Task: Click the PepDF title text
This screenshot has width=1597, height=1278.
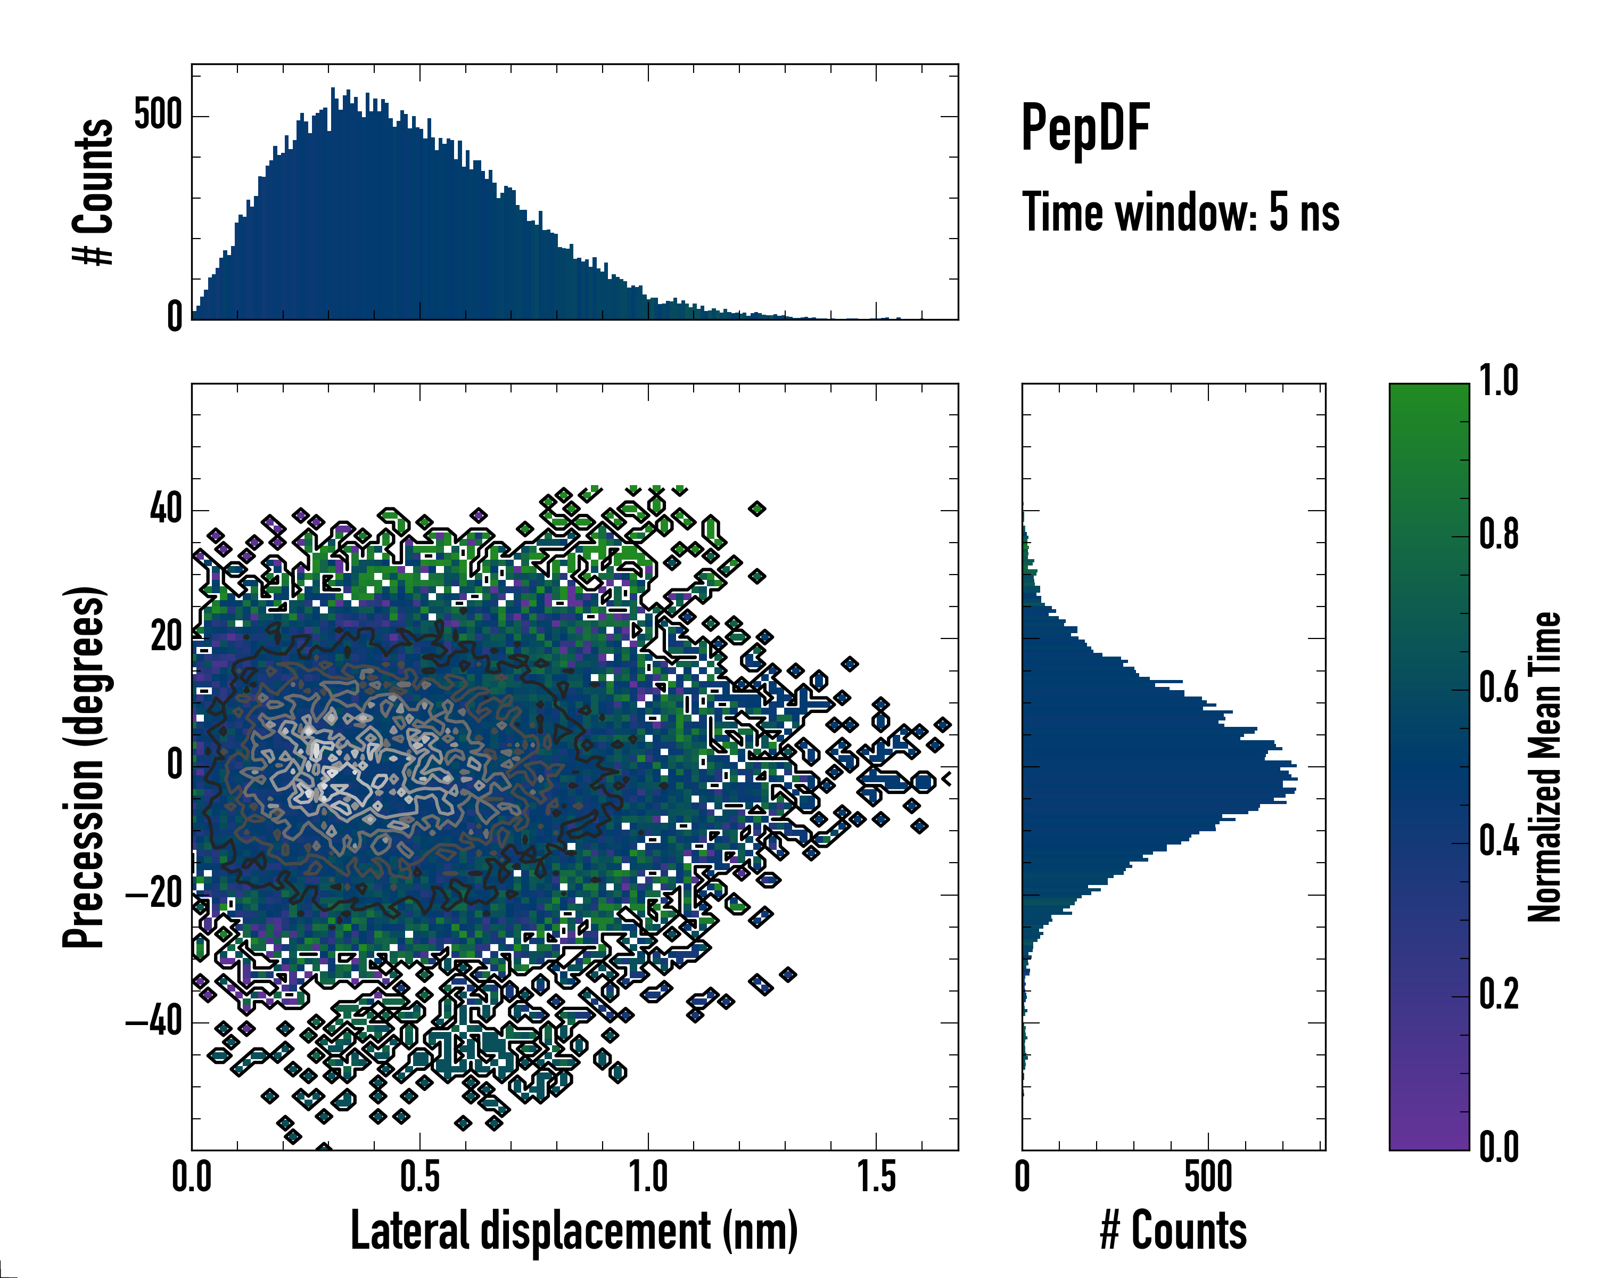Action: click(1084, 128)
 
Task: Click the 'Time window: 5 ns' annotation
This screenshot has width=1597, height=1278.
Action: click(1180, 212)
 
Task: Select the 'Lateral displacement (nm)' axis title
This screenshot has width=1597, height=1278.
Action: click(574, 1231)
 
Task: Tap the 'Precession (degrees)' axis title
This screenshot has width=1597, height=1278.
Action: click(83, 767)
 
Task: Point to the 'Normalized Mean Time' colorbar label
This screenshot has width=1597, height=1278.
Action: click(1544, 767)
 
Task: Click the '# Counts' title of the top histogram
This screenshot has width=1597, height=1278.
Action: click(93, 192)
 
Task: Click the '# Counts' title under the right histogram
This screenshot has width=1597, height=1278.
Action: click(1173, 1231)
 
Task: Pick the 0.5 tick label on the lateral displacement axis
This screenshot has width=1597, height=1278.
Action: click(420, 1177)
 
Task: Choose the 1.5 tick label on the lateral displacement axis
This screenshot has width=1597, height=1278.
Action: click(876, 1177)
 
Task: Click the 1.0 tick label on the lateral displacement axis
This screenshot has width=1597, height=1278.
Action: click(648, 1177)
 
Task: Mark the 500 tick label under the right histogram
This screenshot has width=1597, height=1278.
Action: click(1208, 1177)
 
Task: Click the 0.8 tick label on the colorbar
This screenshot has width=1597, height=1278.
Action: click(1499, 534)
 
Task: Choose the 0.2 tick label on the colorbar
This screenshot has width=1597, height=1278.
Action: click(1499, 994)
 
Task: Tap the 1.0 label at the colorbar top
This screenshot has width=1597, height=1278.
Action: click(1499, 382)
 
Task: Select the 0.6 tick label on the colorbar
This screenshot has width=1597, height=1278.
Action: click(1499, 687)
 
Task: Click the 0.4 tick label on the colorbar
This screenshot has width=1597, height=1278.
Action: click(1499, 841)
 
